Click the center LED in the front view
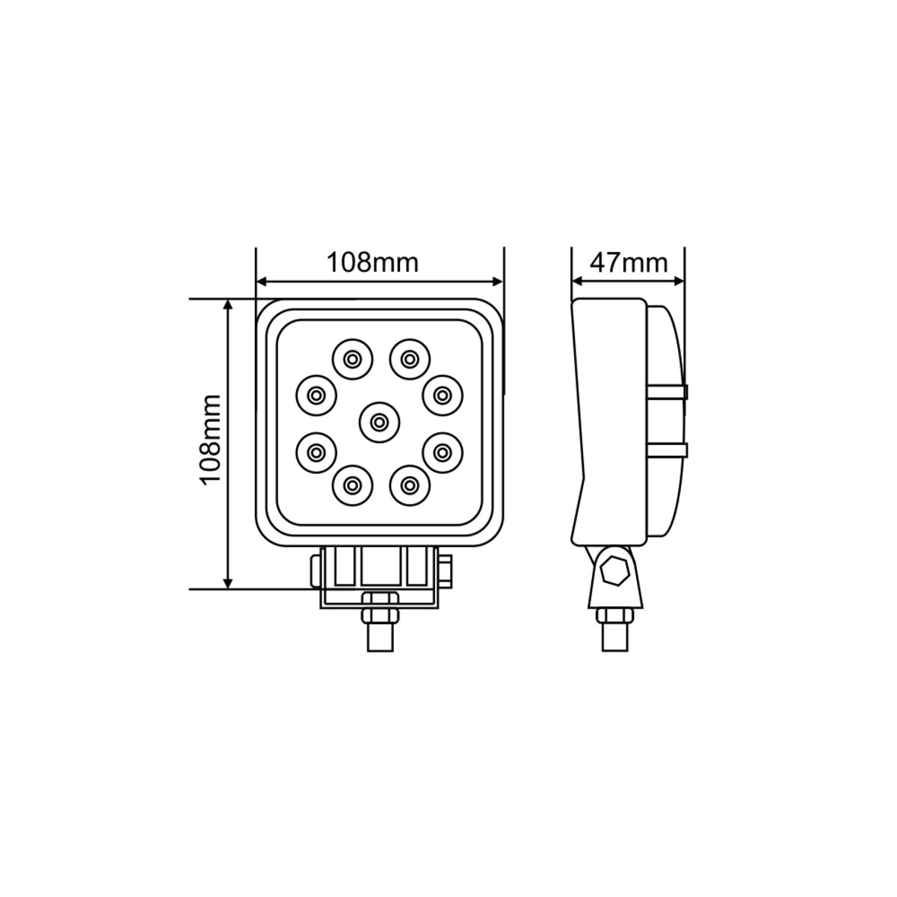point(379,422)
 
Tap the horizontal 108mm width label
point(372,262)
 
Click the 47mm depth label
point(628,262)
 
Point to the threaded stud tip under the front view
point(380,639)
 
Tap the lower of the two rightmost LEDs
point(443,451)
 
